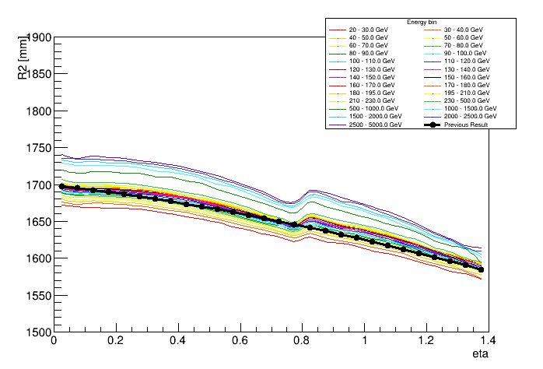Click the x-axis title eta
coord(480,354)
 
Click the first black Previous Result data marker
coord(61,186)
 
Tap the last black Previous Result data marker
coord(481,270)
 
